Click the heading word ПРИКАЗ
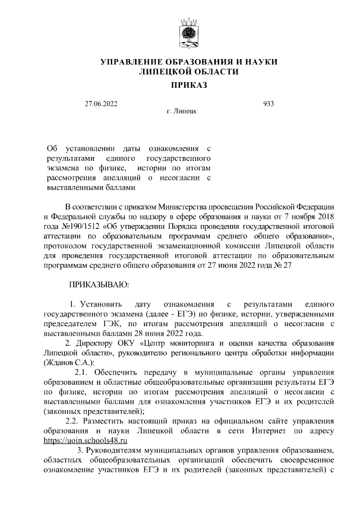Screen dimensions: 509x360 188,85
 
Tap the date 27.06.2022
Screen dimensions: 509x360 100,104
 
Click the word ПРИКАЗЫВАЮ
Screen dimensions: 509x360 99,285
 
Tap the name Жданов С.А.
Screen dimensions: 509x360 69,362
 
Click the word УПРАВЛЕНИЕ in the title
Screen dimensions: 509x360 129,61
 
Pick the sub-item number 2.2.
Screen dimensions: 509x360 74,421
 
